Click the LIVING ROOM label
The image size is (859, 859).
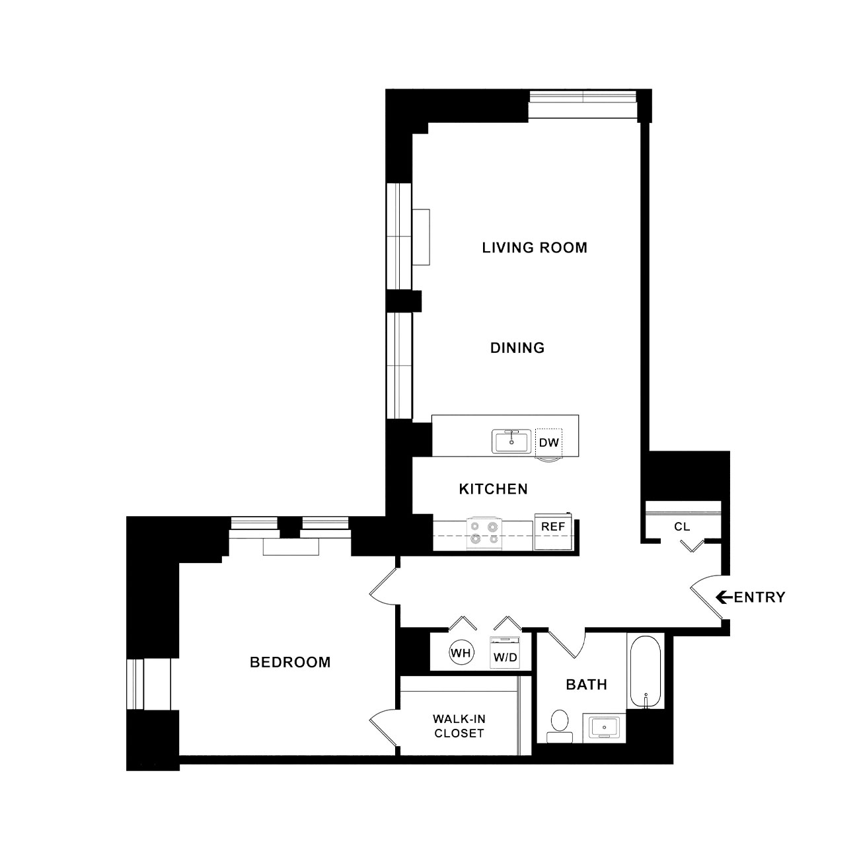point(535,247)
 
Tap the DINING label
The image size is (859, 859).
point(517,348)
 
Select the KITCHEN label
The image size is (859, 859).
point(493,489)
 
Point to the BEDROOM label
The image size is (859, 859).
point(290,662)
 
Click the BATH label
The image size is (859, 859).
point(586,685)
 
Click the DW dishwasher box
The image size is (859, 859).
point(548,443)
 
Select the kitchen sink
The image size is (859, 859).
point(511,441)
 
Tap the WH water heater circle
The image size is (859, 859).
point(461,654)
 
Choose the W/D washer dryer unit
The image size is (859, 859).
point(505,652)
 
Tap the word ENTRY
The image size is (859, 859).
point(760,597)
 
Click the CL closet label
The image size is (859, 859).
point(682,527)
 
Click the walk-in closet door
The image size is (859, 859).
point(383,727)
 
